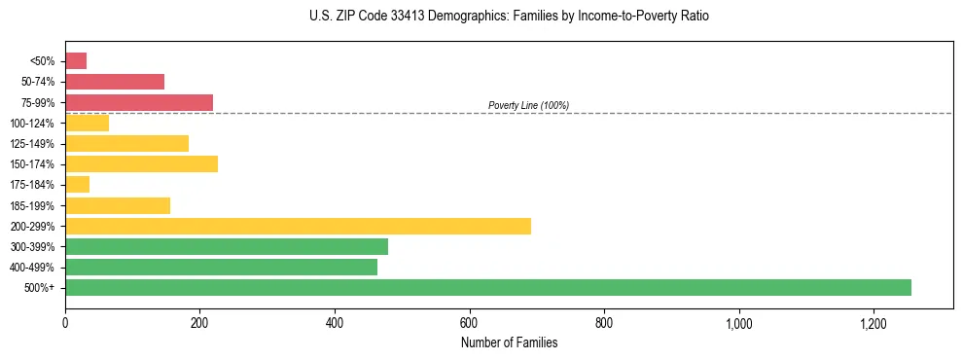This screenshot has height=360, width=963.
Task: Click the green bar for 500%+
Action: [487, 287]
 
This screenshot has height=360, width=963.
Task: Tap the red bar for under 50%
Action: [76, 61]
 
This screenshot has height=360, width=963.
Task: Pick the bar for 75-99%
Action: [139, 102]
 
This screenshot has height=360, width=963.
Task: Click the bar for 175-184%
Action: [77, 184]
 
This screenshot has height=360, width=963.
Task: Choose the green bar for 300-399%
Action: [227, 246]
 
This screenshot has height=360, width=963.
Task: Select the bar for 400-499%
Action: [221, 267]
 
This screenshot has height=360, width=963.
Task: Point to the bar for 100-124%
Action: [87, 123]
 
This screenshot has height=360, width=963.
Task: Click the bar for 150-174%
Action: [141, 163]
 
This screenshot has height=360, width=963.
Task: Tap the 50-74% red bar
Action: [115, 82]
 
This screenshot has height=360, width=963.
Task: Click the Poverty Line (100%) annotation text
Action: [528, 105]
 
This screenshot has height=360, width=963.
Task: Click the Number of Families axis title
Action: [509, 342]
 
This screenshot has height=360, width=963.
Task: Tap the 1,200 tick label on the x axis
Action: [874, 323]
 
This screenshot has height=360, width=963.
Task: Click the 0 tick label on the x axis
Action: [65, 323]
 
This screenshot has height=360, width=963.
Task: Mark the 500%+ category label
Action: [41, 288]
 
